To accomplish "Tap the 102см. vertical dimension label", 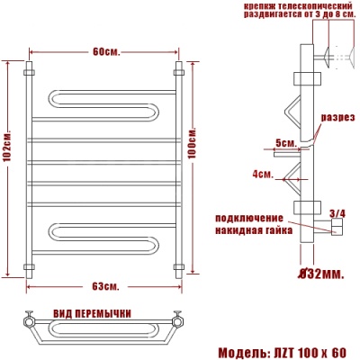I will click(7, 166).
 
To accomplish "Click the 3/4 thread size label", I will click(337, 213).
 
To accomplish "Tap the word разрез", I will click(340, 119).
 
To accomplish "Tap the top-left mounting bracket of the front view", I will click(31, 69).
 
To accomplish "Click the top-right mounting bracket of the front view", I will click(178, 69).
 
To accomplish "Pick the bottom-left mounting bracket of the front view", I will click(31, 267).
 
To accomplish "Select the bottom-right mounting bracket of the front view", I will click(178, 267).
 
